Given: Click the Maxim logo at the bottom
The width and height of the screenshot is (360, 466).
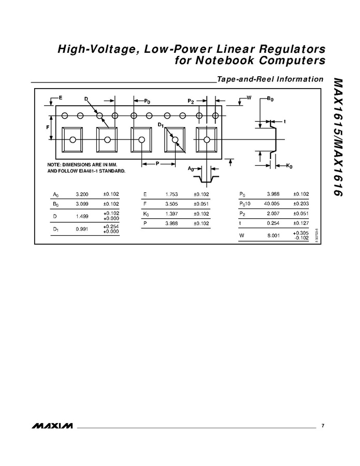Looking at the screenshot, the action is (x=52, y=426).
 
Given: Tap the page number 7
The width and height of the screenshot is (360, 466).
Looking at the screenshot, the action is (x=323, y=426).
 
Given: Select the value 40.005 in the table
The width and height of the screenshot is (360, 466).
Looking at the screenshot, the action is (x=271, y=204).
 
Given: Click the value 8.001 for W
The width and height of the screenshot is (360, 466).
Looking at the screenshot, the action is (x=273, y=235).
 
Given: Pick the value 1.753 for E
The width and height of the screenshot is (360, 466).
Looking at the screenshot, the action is (x=171, y=194).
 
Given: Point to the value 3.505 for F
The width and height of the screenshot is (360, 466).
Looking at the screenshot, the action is (x=171, y=204).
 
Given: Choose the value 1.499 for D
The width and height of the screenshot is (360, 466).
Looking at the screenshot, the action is (x=82, y=216).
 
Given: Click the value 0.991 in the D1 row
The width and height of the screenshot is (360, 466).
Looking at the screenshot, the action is (x=82, y=229).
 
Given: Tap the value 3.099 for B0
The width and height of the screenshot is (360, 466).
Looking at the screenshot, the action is (x=82, y=204).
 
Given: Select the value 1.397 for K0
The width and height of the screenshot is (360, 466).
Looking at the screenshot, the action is (x=171, y=214).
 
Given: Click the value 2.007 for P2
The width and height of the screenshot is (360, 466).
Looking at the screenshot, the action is (x=273, y=214).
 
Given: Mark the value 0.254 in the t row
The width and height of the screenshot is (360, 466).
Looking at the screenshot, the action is (x=273, y=223).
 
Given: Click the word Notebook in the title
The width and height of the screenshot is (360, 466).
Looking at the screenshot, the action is (x=225, y=60).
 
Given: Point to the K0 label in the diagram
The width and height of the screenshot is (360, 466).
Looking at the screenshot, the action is (x=290, y=166).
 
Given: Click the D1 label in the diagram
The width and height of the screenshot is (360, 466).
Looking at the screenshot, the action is (x=161, y=125).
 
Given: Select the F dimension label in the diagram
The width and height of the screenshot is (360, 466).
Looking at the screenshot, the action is (x=48, y=127).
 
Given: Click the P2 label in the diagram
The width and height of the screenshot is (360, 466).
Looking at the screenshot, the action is (x=191, y=102).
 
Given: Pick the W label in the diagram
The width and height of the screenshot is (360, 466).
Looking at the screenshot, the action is (x=249, y=97).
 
